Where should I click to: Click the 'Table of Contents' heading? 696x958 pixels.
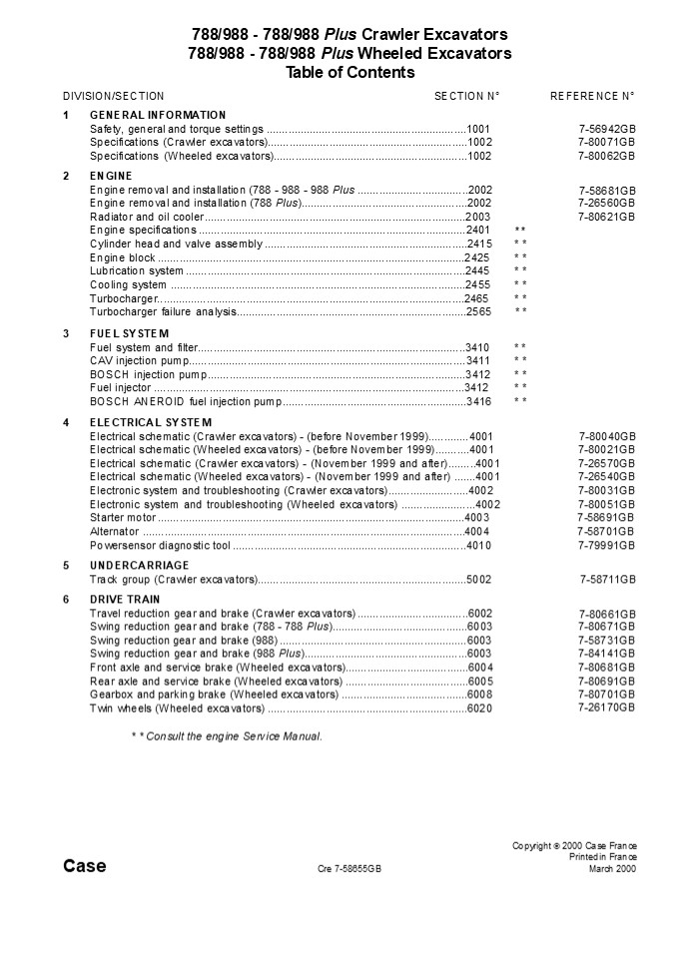[349, 72]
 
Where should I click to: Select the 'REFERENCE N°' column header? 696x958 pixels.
[592, 96]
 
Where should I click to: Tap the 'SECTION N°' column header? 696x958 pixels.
[466, 96]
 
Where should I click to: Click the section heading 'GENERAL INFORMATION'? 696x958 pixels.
[158, 116]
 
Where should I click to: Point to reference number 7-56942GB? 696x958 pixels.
[607, 130]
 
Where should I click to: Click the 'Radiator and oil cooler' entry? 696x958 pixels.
[147, 217]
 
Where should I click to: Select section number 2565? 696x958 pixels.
[479, 311]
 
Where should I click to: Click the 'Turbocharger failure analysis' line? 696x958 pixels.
[163, 311]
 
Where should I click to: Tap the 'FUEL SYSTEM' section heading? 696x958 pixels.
[130, 333]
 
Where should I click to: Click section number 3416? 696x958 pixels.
[479, 401]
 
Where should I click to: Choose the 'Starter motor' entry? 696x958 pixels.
[123, 518]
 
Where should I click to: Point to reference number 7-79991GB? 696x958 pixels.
[607, 546]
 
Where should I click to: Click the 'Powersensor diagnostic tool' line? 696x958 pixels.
[160, 546]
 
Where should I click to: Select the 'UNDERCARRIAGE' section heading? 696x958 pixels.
[139, 565]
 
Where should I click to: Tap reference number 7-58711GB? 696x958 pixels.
[608, 579]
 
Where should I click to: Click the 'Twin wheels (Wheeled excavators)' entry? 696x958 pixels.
[177, 708]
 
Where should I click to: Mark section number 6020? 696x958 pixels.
[480, 709]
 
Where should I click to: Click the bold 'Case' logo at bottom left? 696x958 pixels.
[85, 866]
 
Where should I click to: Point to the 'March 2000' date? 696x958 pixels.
[612, 869]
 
